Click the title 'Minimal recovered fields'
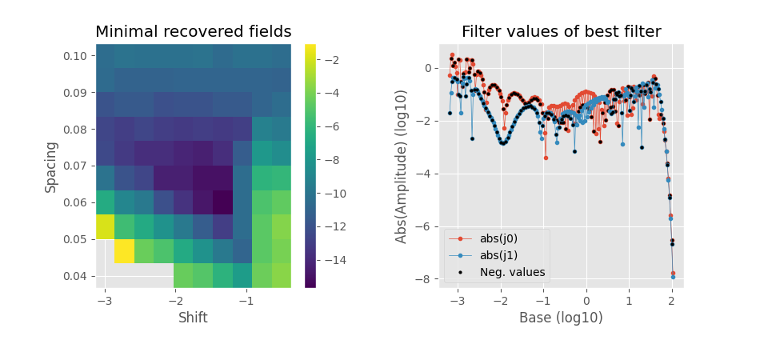tap(193, 32)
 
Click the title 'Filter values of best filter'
tap(561, 32)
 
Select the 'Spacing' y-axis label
tap(51, 166)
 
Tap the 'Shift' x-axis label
tap(193, 318)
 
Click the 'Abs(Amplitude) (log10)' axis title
tap(402, 166)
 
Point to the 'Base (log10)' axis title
tap(561, 318)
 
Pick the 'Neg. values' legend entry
tap(512, 272)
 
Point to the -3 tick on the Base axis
tap(457, 299)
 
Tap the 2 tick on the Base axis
tap(672, 299)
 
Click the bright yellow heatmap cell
tap(124, 250)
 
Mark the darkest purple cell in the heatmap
tap(222, 202)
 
